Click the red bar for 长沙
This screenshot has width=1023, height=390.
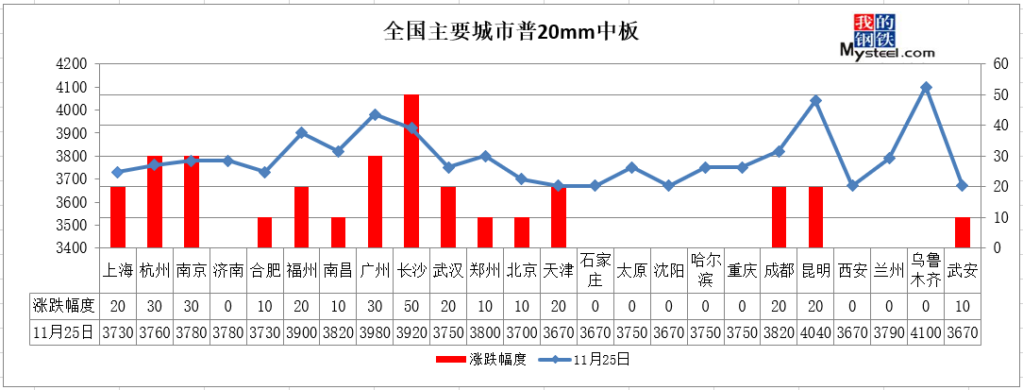point(411,171)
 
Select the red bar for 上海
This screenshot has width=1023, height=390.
point(117,217)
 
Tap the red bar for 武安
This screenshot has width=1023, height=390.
point(963,232)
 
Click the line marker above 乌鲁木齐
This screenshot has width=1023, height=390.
point(926,87)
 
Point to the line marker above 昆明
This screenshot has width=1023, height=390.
point(815,101)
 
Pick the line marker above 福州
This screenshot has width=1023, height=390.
point(301,132)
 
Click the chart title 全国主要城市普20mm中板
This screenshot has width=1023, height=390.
point(511,32)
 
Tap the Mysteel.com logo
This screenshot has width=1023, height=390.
point(887,37)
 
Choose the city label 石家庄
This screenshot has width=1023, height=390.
point(595,270)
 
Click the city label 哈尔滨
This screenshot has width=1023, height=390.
point(705,270)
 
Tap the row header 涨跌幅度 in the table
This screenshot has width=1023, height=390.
point(64,305)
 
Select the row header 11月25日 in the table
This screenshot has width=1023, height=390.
point(64,332)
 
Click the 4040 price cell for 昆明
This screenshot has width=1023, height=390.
point(815,332)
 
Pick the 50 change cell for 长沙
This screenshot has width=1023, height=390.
point(411,305)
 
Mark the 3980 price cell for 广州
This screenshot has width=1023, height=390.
point(375,332)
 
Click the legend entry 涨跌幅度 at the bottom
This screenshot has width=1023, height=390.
point(481,359)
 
